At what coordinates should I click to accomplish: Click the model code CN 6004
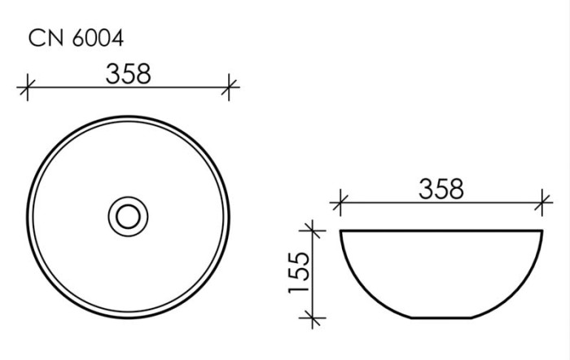click(x=76, y=37)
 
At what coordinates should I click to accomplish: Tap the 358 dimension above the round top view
click(x=129, y=73)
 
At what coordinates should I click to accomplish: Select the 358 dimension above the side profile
click(x=441, y=189)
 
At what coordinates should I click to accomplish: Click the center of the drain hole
click(x=129, y=216)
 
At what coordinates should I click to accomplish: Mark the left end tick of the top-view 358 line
click(x=28, y=86)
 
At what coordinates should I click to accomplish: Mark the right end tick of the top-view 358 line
click(x=230, y=86)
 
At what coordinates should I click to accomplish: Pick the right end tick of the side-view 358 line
click(x=542, y=201)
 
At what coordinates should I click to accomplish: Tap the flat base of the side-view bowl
click(x=441, y=318)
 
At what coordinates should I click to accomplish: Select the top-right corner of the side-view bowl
click(x=542, y=231)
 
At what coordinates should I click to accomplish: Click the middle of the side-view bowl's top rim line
click(x=441, y=231)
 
